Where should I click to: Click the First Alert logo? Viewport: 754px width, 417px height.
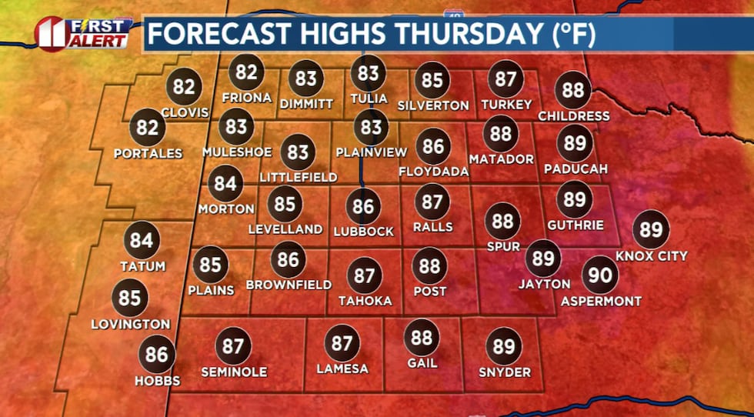[82, 33]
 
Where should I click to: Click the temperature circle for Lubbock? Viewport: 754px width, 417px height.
[364, 206]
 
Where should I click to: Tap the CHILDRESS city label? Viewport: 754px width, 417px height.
[573, 116]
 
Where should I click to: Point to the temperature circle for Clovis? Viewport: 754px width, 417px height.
[183, 86]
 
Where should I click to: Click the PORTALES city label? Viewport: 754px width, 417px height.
[148, 153]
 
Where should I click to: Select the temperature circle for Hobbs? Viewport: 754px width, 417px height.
[157, 355]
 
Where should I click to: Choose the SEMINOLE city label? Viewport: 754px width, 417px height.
[233, 372]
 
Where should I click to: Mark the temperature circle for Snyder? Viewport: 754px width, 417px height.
[504, 346]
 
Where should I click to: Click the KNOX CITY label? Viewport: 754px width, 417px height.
[651, 255]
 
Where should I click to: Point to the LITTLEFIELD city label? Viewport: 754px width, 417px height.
[299, 178]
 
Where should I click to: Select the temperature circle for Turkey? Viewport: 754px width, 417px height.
[505, 79]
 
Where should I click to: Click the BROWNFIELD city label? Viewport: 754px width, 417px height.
[289, 285]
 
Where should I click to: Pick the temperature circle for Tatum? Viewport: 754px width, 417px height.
[142, 240]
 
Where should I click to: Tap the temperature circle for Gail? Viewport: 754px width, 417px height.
[422, 337]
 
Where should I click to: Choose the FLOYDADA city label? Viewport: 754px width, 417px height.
[434, 172]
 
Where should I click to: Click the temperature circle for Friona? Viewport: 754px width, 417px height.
[246, 72]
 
